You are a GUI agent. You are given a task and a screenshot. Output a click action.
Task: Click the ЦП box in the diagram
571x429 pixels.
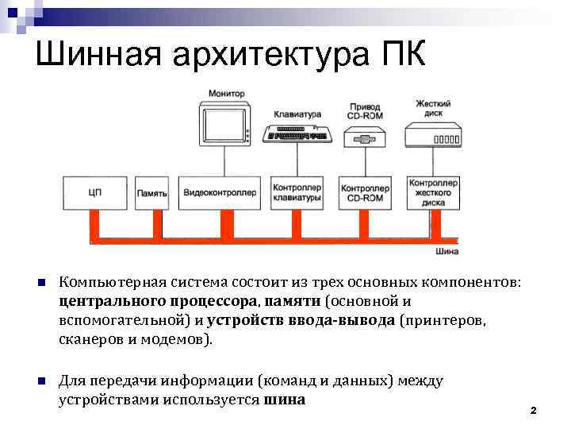96,192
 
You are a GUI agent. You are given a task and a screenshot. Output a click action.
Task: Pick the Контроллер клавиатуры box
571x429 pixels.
297,192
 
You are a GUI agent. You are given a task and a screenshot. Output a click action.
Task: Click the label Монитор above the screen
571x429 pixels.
227,94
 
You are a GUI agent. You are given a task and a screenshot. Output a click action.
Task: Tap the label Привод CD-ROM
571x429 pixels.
364,110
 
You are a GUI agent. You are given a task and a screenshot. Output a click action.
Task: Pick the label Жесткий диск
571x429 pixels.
433,107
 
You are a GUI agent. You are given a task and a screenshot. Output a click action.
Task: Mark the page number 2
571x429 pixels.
533,411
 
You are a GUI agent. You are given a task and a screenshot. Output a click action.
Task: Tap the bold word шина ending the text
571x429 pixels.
284,400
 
